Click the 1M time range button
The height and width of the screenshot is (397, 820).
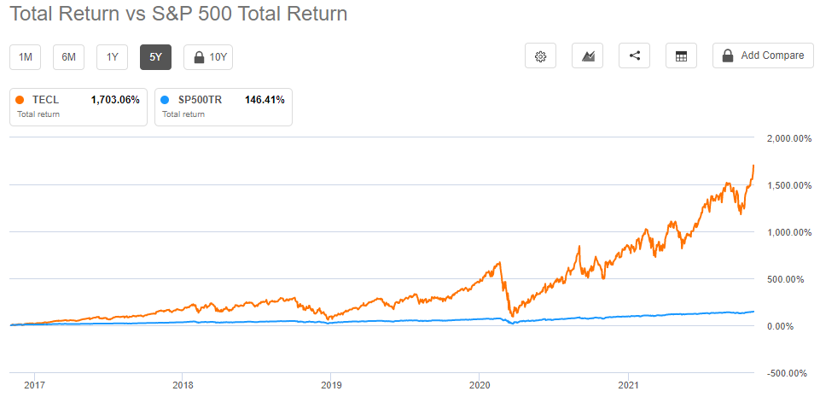26,57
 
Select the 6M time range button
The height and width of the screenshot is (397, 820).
69,57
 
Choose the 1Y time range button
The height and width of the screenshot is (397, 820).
113,57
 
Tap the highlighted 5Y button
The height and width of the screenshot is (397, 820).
156,57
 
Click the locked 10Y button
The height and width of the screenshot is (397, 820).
208,57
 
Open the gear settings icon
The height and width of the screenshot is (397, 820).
540,55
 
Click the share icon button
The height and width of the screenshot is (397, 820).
634,55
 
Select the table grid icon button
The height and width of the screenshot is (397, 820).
681,55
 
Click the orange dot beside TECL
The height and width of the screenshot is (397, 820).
20,100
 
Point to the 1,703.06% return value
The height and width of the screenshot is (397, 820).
114,100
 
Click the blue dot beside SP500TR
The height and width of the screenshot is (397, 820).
165,100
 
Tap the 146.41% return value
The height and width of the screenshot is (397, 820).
265,100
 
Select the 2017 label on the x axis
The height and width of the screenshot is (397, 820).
34,385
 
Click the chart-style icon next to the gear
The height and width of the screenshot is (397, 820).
587,55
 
